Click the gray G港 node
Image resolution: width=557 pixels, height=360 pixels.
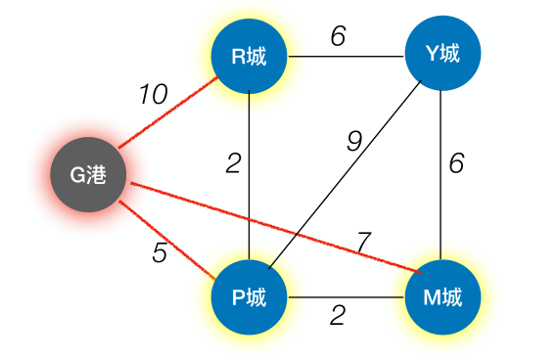click(88, 175)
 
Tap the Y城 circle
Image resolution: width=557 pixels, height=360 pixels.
click(442, 56)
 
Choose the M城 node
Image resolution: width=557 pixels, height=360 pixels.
click(442, 297)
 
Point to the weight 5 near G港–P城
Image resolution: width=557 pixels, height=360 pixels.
click(160, 252)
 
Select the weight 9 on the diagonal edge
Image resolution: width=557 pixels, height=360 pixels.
click(353, 141)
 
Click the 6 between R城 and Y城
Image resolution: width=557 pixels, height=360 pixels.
click(337, 35)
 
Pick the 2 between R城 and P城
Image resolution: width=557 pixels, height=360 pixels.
click(233, 163)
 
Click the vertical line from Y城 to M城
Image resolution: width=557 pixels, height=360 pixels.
click(442, 176)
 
